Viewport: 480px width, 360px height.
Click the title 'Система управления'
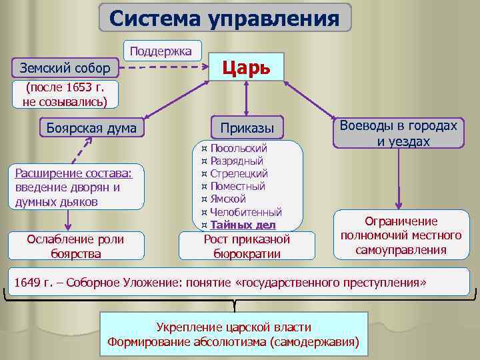[x=224, y=18]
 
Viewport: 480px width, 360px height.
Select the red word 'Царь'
[x=245, y=67]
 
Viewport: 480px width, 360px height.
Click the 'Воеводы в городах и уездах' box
[x=399, y=133]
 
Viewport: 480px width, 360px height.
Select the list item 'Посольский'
[x=238, y=148]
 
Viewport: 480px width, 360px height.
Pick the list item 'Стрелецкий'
[x=239, y=173]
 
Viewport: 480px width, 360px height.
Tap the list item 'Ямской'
[x=228, y=199]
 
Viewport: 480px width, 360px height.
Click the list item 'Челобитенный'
[x=246, y=212]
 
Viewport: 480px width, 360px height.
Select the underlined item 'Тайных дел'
[x=243, y=225]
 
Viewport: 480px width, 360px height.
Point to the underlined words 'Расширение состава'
[x=72, y=174]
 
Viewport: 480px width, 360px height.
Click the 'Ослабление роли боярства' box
[x=75, y=246]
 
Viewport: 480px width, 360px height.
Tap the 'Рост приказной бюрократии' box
[x=247, y=246]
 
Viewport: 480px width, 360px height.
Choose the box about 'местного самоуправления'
[x=401, y=235]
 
